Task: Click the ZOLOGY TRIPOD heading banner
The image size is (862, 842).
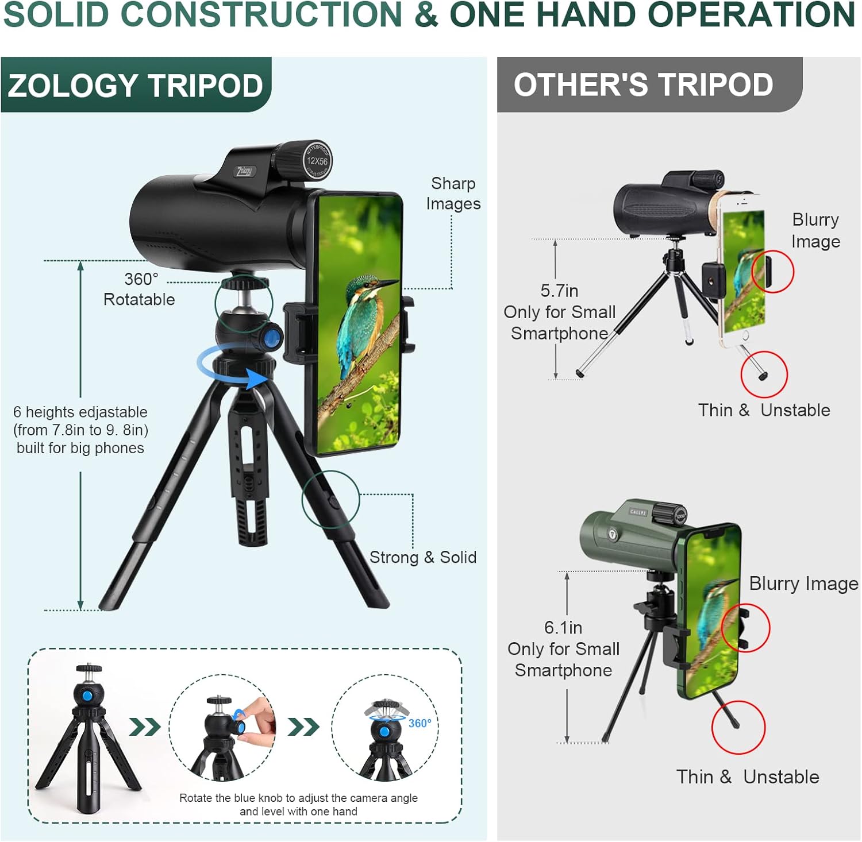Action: [x=136, y=85]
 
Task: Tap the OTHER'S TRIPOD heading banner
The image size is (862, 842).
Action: [x=649, y=84]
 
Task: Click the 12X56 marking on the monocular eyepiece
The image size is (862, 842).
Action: [x=317, y=161]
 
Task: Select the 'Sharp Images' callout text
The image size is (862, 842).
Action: [x=453, y=194]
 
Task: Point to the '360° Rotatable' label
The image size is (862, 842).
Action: [x=140, y=289]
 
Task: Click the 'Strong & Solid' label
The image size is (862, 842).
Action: [x=423, y=557]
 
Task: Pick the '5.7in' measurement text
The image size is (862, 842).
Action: [x=559, y=291]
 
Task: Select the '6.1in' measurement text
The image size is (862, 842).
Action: [x=563, y=627]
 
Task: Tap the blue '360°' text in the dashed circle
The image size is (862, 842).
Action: [x=420, y=723]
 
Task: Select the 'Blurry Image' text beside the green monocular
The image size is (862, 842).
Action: [x=803, y=584]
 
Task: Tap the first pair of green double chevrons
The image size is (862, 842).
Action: [x=145, y=727]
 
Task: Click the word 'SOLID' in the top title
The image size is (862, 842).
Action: [x=56, y=15]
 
